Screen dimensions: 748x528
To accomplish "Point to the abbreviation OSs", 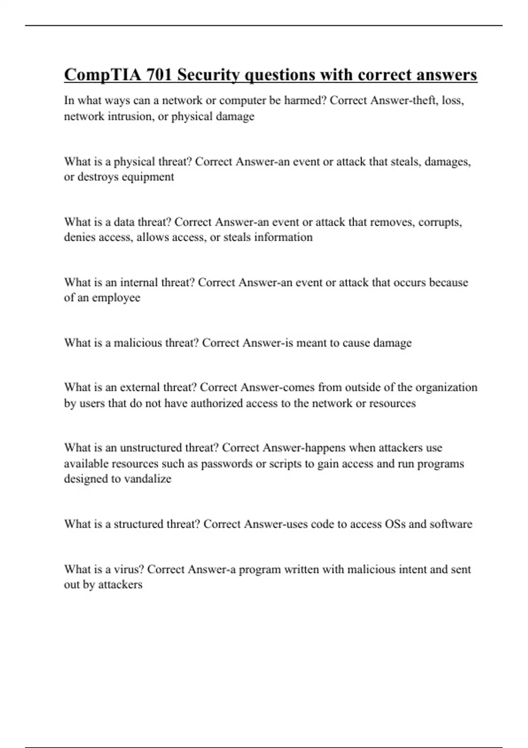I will pos(395,524).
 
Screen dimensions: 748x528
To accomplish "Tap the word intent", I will pos(413,569).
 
